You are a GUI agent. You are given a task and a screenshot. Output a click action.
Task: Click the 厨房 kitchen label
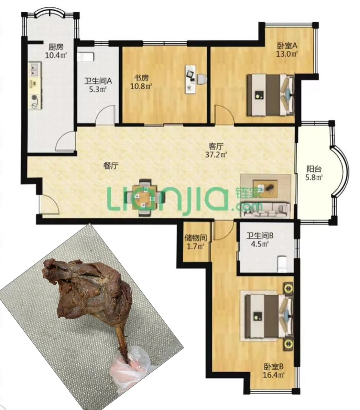pyautogui.click(x=56, y=47)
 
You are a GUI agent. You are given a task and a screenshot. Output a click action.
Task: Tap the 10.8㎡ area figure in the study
pyautogui.click(x=141, y=86)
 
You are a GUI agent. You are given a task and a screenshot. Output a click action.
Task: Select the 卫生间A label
pyautogui.click(x=98, y=81)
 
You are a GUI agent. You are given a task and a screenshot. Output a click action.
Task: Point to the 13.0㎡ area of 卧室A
pyautogui.click(x=287, y=54)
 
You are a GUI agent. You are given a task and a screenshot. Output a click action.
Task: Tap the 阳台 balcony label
pyautogui.click(x=314, y=169)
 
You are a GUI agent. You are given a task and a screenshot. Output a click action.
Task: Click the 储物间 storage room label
pyautogui.click(x=196, y=238)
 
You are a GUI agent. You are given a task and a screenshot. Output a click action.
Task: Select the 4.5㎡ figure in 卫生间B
pyautogui.click(x=260, y=244)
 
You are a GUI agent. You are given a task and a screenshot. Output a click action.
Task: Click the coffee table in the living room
pyautogui.click(x=265, y=188)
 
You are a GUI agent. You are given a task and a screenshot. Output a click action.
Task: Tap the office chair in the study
pyautogui.click(x=202, y=79)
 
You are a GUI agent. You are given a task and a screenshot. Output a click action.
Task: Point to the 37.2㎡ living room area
pyautogui.click(x=216, y=155)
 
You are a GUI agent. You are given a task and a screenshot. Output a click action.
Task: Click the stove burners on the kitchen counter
pyautogui.click(x=34, y=101)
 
